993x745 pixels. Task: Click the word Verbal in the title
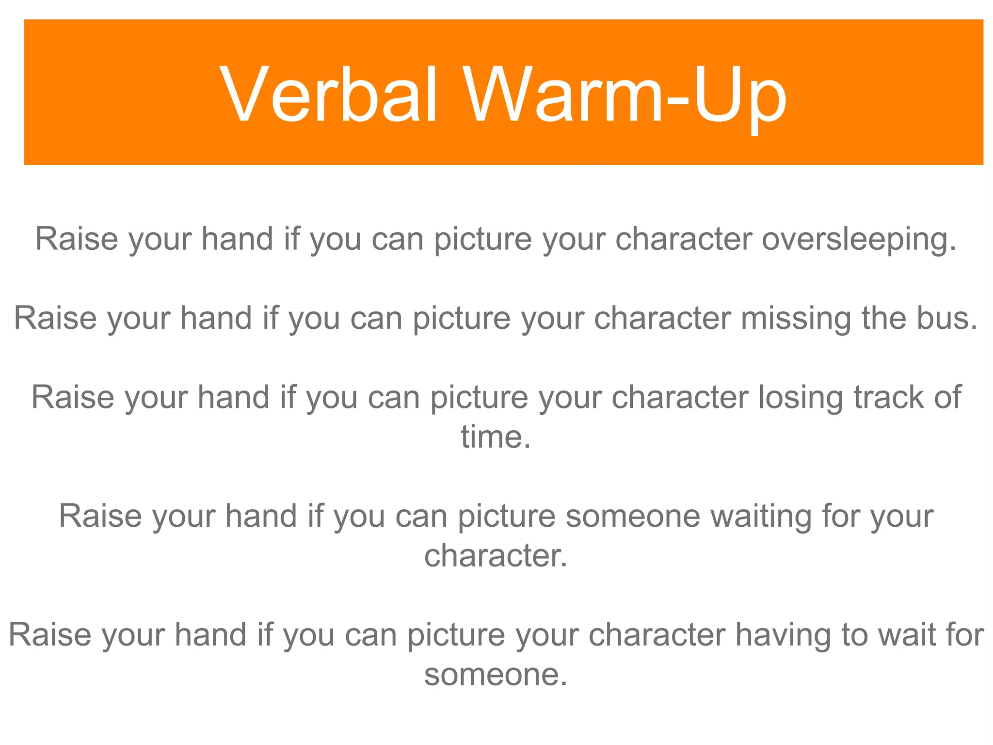[x=329, y=95]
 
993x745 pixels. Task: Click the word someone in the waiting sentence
[x=633, y=516]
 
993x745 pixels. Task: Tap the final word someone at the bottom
[x=495, y=675]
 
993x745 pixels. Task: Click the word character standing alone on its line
[x=495, y=556]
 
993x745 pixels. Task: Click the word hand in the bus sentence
[x=216, y=319]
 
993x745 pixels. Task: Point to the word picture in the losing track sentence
[x=479, y=398]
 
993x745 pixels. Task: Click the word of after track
[x=948, y=398]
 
